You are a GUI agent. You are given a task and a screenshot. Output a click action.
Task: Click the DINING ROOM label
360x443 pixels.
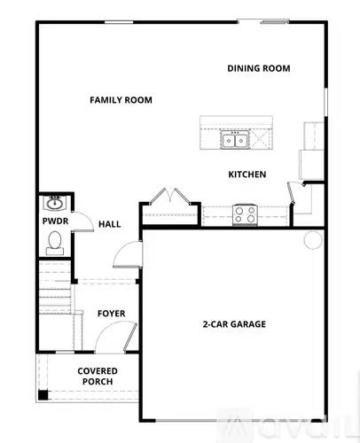tap(259, 68)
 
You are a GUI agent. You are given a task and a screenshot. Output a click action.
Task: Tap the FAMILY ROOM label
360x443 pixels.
tap(121, 100)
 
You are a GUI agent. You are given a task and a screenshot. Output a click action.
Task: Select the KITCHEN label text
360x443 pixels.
tap(247, 175)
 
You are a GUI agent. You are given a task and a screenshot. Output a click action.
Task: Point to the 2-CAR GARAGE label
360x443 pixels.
tap(233, 324)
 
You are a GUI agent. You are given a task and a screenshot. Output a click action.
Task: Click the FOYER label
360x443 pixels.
tap(111, 314)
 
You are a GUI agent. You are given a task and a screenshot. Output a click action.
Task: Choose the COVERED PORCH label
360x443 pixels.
tap(98, 377)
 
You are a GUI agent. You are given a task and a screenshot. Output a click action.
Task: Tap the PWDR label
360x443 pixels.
tap(52, 219)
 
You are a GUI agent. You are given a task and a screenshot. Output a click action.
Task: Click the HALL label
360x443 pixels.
tap(110, 224)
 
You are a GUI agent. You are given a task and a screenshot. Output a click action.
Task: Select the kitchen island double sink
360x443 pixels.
tap(235, 139)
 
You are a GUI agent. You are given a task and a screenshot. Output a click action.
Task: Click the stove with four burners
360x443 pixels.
tap(245, 213)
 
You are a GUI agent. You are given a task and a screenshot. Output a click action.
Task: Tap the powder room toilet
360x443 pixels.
tap(54, 240)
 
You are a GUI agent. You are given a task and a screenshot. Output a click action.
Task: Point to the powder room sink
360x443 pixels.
tap(53, 202)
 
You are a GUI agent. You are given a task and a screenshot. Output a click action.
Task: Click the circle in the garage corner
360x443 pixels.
tap(312, 239)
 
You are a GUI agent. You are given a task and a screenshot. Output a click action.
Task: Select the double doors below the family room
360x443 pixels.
tap(167, 198)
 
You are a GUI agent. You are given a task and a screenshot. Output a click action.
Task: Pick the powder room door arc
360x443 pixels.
tap(82, 221)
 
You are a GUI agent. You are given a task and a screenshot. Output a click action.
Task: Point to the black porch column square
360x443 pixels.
tap(42, 393)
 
